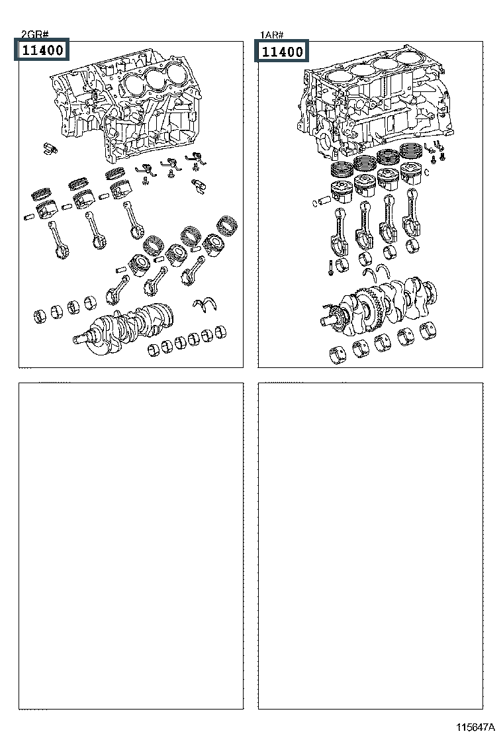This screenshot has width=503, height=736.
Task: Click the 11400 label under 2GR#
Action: (x=40, y=50)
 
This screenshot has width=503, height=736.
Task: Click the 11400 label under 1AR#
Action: (x=283, y=51)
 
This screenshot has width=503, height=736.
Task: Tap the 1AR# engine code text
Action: (x=271, y=34)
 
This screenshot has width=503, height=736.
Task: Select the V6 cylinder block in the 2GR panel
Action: (x=126, y=113)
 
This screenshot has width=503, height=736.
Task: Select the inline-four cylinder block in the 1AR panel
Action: (x=377, y=106)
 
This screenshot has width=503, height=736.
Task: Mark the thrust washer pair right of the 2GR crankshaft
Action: (x=206, y=304)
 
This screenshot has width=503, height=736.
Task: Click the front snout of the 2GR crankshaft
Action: (x=83, y=339)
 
